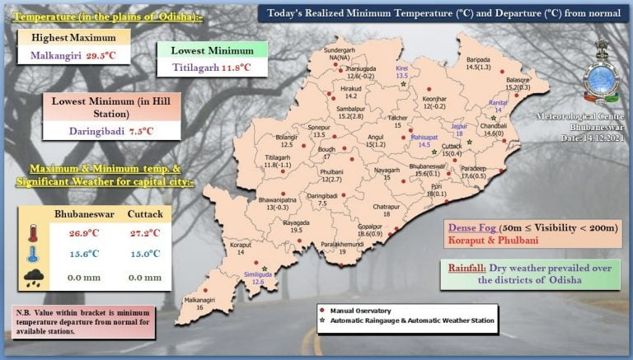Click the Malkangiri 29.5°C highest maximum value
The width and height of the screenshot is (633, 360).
click(77, 56)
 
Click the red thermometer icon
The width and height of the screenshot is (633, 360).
click(34, 232)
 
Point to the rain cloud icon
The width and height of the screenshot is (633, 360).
click(34, 277)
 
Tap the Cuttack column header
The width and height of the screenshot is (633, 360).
click(146, 214)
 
